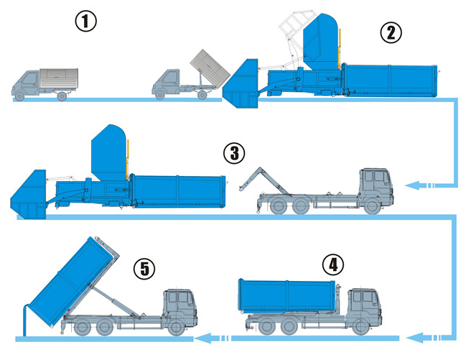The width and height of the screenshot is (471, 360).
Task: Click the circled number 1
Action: pos(85,22)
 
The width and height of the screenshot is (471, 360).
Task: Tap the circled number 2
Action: pos(391,33)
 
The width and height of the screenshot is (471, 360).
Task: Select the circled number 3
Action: pos(234,153)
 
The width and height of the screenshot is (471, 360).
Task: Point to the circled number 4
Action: pos(333,265)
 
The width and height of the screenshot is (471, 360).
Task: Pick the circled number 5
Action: pos(144,269)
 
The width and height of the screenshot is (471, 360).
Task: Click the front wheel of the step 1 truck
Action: pos(19,96)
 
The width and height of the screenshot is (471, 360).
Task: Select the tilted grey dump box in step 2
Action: pos(210,69)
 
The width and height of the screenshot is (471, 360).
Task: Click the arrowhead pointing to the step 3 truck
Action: pos(412,185)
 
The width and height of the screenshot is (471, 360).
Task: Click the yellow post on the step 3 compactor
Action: pos(127,156)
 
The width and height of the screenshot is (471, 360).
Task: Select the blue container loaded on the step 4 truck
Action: pos(287,295)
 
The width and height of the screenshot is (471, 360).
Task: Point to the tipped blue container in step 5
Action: pos(72,282)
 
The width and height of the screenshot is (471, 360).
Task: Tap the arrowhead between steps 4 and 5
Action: pos(202,338)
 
